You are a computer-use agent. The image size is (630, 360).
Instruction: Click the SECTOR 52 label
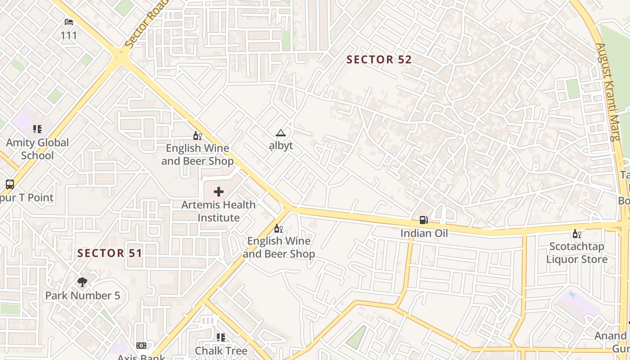pyautogui.click(x=379, y=59)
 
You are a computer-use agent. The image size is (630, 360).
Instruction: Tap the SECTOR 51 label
pyautogui.click(x=110, y=253)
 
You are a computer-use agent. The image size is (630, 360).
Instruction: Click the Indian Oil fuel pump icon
pyautogui.click(x=423, y=220)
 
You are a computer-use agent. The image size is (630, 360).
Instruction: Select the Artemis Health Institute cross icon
pyautogui.click(x=219, y=192)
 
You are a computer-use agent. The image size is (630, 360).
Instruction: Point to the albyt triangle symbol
pyautogui.click(x=281, y=133)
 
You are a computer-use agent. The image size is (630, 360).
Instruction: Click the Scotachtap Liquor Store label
pyautogui.click(x=576, y=253)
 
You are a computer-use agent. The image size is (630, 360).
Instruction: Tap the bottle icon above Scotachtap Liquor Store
pyautogui.click(x=576, y=234)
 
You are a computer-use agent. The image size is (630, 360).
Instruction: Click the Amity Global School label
pyautogui.click(x=37, y=149)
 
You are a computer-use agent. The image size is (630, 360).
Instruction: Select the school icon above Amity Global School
pyautogui.click(x=37, y=129)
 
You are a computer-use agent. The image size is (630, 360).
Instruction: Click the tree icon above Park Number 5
pyautogui.click(x=82, y=282)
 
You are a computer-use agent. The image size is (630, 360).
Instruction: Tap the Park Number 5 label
pyautogui.click(x=82, y=296)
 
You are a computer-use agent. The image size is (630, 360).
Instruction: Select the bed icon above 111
pyautogui.click(x=69, y=22)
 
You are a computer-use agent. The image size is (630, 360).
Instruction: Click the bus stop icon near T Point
pyautogui.click(x=9, y=184)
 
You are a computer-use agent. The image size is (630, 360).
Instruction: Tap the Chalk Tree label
pyautogui.click(x=221, y=351)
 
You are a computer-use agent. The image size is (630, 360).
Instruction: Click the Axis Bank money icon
pyautogui.click(x=141, y=346)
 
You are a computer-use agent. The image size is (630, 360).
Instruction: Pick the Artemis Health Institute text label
pyautogui.click(x=219, y=211)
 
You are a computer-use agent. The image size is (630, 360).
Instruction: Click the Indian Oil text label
pyautogui.click(x=424, y=233)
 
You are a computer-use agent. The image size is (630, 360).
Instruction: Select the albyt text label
pyautogui.click(x=281, y=145)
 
